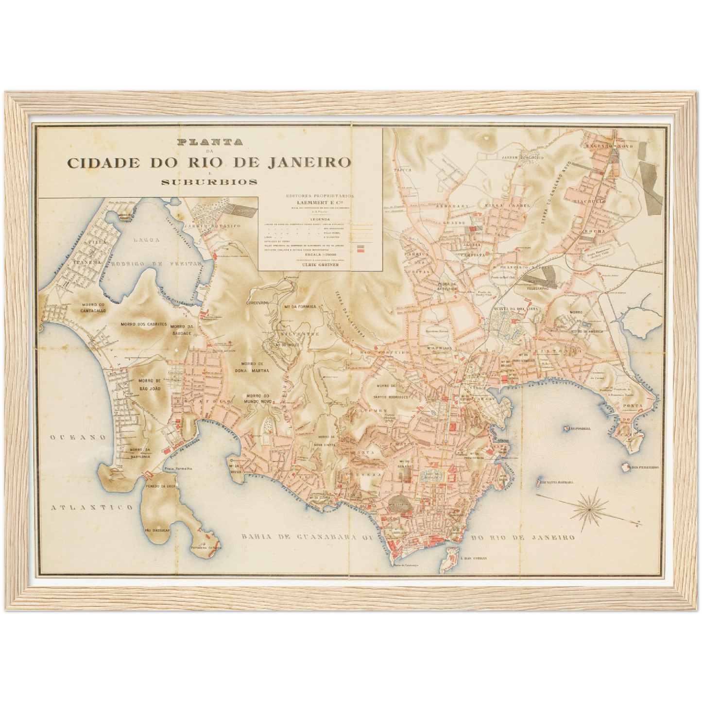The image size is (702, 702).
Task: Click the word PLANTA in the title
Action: click(x=210, y=143)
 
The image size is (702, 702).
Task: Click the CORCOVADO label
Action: click(x=258, y=303)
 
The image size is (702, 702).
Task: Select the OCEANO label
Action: click(x=78, y=437)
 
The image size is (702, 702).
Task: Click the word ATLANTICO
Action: click(x=91, y=507)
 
